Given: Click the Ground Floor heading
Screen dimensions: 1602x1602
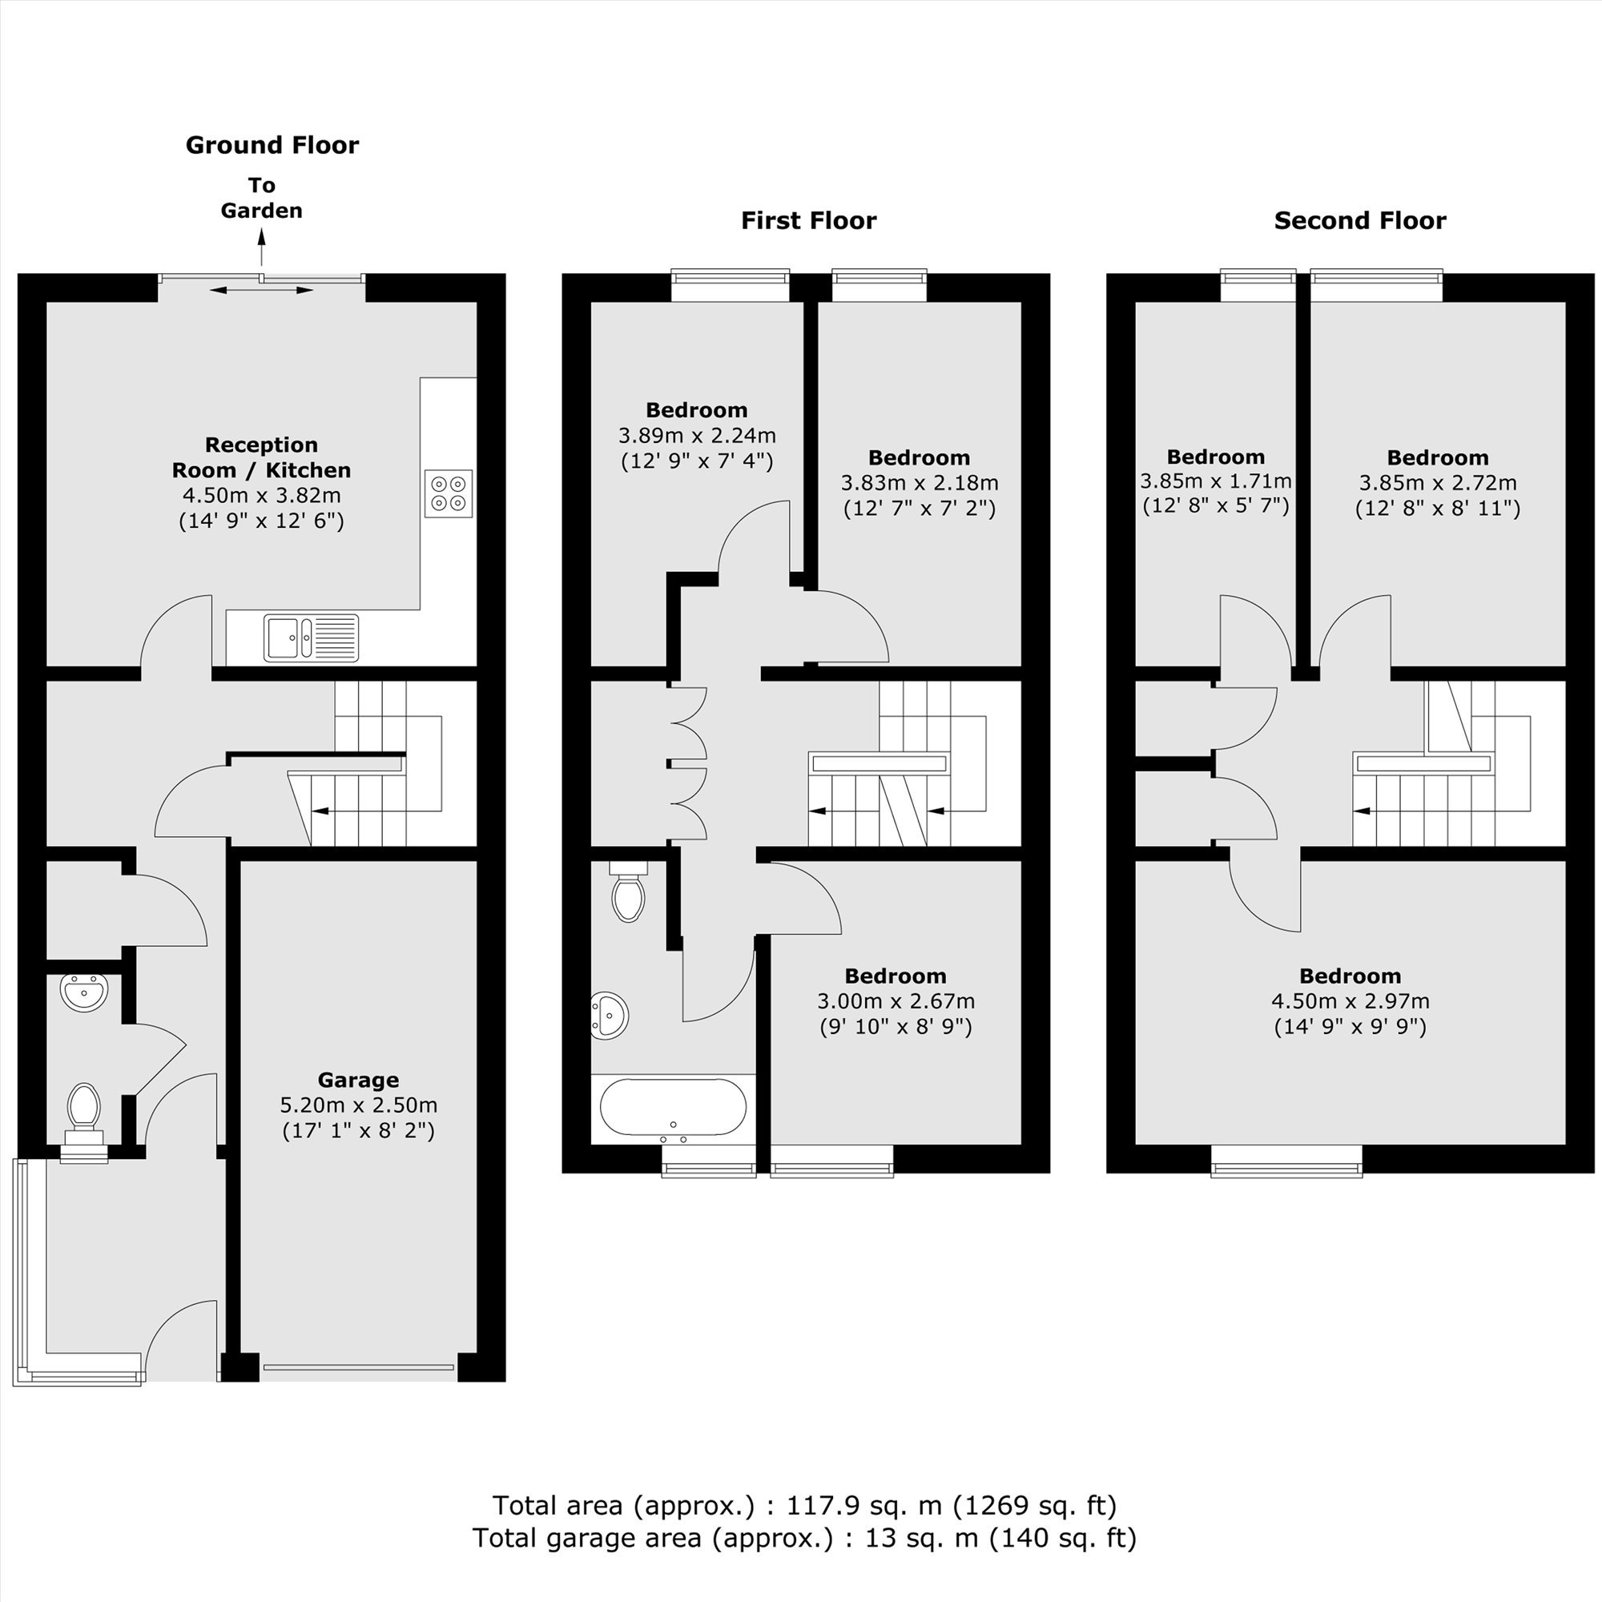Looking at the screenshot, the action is [x=272, y=145].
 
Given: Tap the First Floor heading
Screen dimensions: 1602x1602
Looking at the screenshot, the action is [x=808, y=220].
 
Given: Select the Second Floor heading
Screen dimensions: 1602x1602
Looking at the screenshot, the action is [x=1360, y=220].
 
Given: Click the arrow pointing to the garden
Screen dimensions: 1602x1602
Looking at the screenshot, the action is [x=261, y=247].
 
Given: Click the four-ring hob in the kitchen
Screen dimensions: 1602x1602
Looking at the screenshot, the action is [x=449, y=493].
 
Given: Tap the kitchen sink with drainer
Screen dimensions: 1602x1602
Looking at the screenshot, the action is [x=311, y=638].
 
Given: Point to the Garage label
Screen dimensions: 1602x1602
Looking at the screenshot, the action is [x=358, y=1080].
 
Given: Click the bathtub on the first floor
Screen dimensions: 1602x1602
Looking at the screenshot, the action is [x=673, y=1108].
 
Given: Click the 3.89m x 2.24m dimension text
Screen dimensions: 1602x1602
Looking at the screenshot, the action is [x=697, y=435].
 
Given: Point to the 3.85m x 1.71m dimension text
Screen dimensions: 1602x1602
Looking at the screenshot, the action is [x=1216, y=481].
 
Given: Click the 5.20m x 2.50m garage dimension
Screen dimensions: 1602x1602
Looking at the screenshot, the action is [x=358, y=1105].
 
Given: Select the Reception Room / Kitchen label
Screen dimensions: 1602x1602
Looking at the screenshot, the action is [x=261, y=457].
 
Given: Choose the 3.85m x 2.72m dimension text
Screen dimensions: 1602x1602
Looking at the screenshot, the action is [x=1438, y=482].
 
